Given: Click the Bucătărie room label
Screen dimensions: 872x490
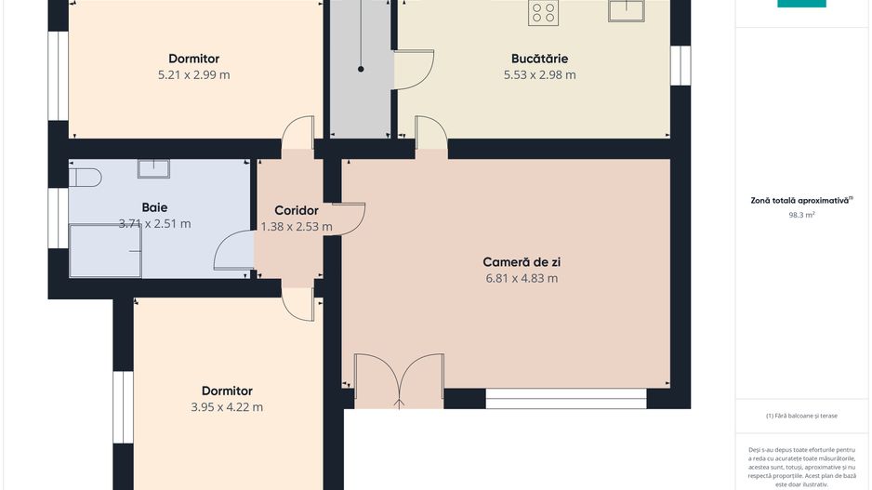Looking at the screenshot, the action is pos(539,59).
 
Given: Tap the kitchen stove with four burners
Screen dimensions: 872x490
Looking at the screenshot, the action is pos(543,12).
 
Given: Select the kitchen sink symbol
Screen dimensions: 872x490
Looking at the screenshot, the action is pos(627,10).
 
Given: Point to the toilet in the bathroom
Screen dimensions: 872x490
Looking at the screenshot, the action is pos(86,178).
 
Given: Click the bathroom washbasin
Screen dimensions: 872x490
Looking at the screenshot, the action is pos(153,168).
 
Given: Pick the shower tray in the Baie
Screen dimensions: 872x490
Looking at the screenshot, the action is pos(105,250).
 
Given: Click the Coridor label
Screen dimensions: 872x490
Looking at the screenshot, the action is pos(297,210).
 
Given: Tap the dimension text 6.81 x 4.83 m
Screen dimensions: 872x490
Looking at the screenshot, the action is pos(522,278).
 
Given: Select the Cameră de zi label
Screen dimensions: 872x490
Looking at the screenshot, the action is pos(522,262).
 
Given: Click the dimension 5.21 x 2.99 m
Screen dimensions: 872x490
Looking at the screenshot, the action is pos(194,74).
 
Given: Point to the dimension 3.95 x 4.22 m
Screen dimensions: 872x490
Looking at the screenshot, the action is pos(227,407).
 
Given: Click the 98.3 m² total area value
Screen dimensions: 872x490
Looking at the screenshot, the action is pos(801,215).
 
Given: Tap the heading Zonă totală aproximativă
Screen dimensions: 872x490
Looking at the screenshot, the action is pos(800,200).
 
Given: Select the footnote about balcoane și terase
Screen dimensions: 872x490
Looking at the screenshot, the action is pos(801,416).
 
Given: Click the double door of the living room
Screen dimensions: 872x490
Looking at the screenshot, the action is pos(400,381).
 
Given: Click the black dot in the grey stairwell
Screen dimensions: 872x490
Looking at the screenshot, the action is pos(361,69).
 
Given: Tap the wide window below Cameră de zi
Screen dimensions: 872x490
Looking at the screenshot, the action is pos(566,399).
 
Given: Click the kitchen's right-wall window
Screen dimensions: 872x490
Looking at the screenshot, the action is pos(680,65).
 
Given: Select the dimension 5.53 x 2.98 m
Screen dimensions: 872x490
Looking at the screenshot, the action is pos(540,74).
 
